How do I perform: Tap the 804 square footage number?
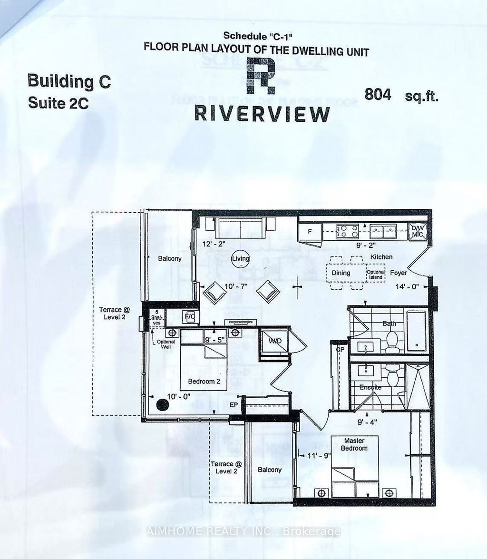[x=378, y=94]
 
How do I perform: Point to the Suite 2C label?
[x=58, y=103]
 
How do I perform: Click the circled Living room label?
[x=241, y=259]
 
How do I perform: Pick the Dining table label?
[x=341, y=273]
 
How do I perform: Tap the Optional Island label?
[x=375, y=274]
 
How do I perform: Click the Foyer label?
[x=399, y=273]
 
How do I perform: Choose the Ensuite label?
[x=371, y=387]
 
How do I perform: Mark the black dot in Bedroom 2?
[x=163, y=404]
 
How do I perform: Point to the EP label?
[x=234, y=405]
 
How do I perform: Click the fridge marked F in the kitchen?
[x=309, y=232]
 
